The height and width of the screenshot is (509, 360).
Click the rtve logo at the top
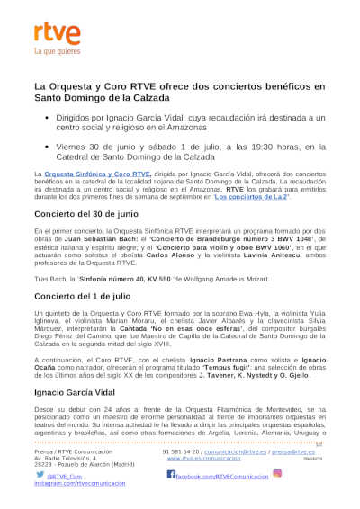click(x=58, y=34)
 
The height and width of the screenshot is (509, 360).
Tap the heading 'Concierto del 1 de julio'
click(x=83, y=297)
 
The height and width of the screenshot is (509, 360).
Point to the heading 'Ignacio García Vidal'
click(x=77, y=393)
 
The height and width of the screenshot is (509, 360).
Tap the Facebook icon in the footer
click(x=168, y=475)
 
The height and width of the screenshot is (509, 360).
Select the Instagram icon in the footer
click(x=277, y=473)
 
